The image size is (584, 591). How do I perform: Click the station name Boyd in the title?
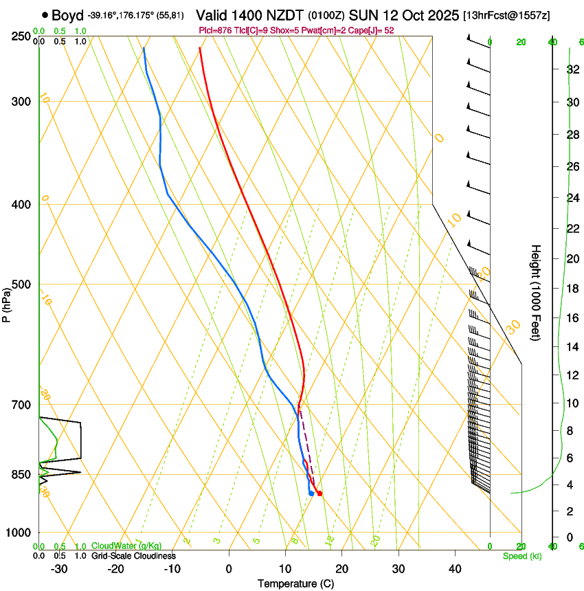[x=67, y=15]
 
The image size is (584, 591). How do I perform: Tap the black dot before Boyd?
[x=45, y=14]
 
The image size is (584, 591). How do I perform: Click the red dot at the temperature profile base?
[x=319, y=493]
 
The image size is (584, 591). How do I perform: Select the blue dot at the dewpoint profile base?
[x=311, y=493]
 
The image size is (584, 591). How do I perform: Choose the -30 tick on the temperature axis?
[x=59, y=568]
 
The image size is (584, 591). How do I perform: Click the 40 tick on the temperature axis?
[x=454, y=568]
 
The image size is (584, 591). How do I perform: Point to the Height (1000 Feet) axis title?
[x=536, y=292]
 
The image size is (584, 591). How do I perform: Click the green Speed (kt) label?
[x=521, y=556]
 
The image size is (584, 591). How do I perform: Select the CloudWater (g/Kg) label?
[x=125, y=546]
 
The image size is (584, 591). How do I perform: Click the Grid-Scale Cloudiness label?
[x=133, y=555]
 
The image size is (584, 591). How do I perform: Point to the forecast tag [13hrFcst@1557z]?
[x=506, y=15]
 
